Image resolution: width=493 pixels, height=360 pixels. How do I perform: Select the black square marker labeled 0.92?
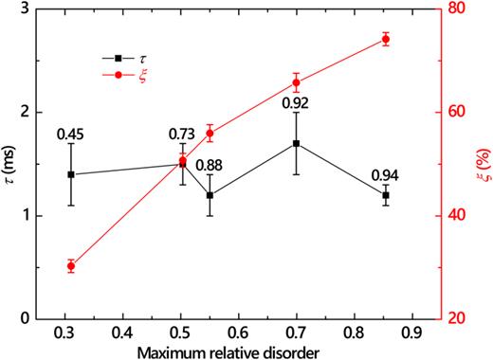[x=297, y=143]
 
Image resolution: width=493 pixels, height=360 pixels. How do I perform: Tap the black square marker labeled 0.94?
[x=386, y=195]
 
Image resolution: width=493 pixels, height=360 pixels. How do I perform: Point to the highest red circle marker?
[x=386, y=39]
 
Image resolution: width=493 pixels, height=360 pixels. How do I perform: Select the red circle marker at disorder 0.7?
[x=297, y=82]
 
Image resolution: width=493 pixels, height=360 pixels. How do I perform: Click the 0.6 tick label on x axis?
[x=236, y=333]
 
